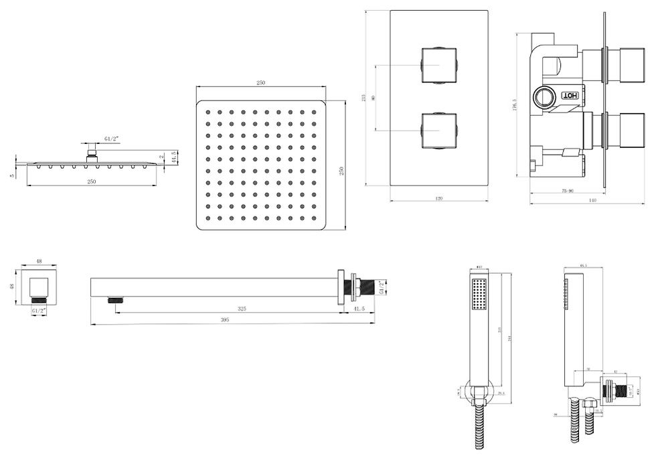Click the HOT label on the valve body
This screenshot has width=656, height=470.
point(570,96)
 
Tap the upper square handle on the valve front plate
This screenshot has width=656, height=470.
point(438,66)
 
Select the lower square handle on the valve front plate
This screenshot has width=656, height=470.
point(438,130)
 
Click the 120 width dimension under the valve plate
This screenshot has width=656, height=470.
point(439,199)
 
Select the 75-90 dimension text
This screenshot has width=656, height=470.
point(566,191)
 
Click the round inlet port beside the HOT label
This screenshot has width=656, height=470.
point(544,98)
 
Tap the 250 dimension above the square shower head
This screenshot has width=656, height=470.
point(260,83)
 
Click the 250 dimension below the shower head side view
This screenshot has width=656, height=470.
point(91,181)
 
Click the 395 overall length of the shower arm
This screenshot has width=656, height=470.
point(225,321)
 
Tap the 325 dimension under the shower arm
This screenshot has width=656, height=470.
point(241,309)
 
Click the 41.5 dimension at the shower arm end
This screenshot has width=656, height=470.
point(359,309)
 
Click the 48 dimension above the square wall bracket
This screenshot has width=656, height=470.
point(38,261)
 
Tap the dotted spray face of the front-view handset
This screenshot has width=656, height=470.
point(477,295)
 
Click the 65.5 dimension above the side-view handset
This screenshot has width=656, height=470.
point(583,266)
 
